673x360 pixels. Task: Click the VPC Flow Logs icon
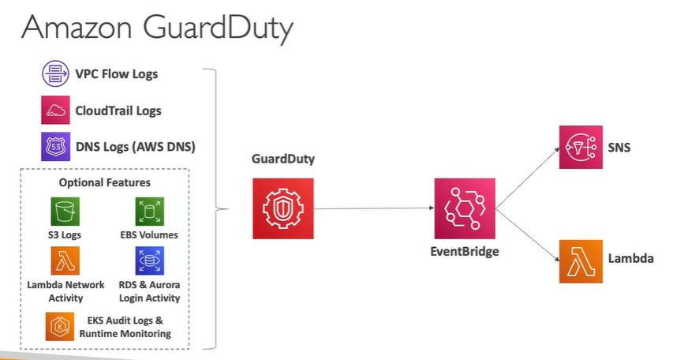pos(56,74)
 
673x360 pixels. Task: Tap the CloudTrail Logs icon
pos(56,111)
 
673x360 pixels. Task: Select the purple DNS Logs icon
pos(56,147)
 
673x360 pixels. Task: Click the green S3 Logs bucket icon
pos(67,212)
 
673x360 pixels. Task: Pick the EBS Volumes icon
pos(149,212)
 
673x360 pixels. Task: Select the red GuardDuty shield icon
pos(282,208)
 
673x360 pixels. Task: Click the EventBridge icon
pos(465,208)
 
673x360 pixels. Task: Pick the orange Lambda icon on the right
pos(581,261)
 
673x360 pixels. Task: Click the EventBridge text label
pos(465,253)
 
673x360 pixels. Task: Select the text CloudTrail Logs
pos(118,111)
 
